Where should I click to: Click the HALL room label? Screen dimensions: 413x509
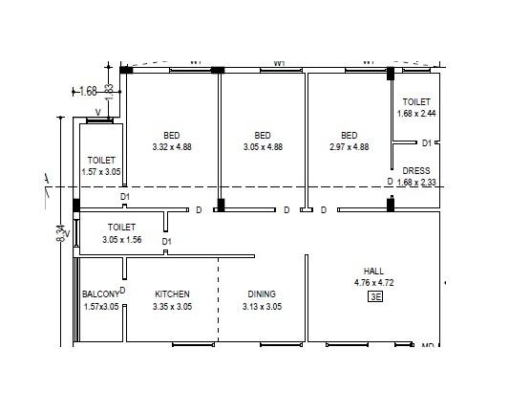coord(373,271)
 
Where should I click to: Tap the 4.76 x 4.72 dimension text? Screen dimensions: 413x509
coord(373,283)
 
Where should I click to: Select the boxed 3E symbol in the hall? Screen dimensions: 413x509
coord(374,297)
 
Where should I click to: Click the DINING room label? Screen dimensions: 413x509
coord(262,294)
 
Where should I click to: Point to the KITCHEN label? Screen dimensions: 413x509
coord(172,294)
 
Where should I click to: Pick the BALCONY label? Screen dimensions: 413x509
coord(100,294)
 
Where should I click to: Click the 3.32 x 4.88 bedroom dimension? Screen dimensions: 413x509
coord(172,147)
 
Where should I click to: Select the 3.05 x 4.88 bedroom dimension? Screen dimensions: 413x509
coord(263,147)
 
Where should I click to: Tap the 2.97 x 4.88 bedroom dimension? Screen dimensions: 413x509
coord(349,147)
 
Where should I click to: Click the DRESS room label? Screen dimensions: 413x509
coord(416,171)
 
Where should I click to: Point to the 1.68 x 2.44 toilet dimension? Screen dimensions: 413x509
coord(416,114)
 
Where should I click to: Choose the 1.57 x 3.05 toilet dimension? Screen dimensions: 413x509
coord(101,172)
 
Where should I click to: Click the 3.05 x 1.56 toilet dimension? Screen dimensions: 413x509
coord(121,240)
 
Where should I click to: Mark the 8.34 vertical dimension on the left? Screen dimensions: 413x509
coord(61,234)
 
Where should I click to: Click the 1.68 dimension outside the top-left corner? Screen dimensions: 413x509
coord(88,92)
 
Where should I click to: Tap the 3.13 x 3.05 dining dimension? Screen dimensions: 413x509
coord(262,307)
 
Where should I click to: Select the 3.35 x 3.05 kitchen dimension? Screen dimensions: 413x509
coord(172,307)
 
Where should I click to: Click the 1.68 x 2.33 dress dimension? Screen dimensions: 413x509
coord(416,183)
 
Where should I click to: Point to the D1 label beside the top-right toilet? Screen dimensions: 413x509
coord(426,143)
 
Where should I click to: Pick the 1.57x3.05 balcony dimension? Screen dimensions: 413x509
coord(100,307)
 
